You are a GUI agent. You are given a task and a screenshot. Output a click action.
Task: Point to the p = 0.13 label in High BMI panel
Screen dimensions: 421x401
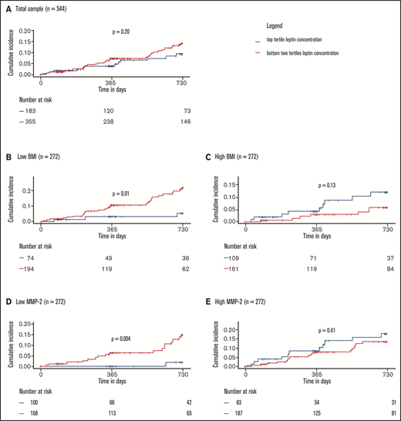coord(329,185)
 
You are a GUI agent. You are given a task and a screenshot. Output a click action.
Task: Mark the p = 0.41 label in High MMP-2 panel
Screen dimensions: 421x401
coord(329,332)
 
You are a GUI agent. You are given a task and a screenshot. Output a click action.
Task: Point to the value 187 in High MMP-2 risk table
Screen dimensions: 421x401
coord(251,414)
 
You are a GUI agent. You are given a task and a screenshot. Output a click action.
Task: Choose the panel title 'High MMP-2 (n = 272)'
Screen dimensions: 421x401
coord(248,307)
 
